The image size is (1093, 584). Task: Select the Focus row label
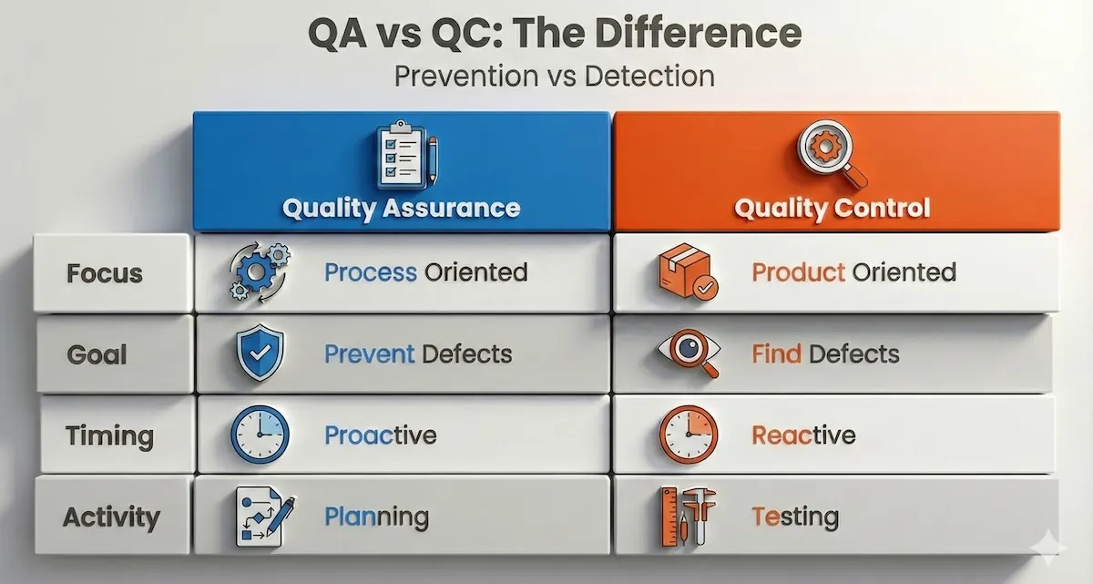coord(105,273)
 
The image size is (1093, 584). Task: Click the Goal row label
coord(97,353)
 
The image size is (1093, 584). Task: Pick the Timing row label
coord(108,435)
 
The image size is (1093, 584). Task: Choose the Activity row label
coord(110,517)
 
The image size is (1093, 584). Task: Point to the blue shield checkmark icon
coord(260,353)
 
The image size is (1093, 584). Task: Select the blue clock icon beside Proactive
coord(260,435)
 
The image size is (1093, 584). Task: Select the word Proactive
coord(381,435)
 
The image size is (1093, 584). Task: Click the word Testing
coord(795,517)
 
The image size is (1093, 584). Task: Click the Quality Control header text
coord(833,208)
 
